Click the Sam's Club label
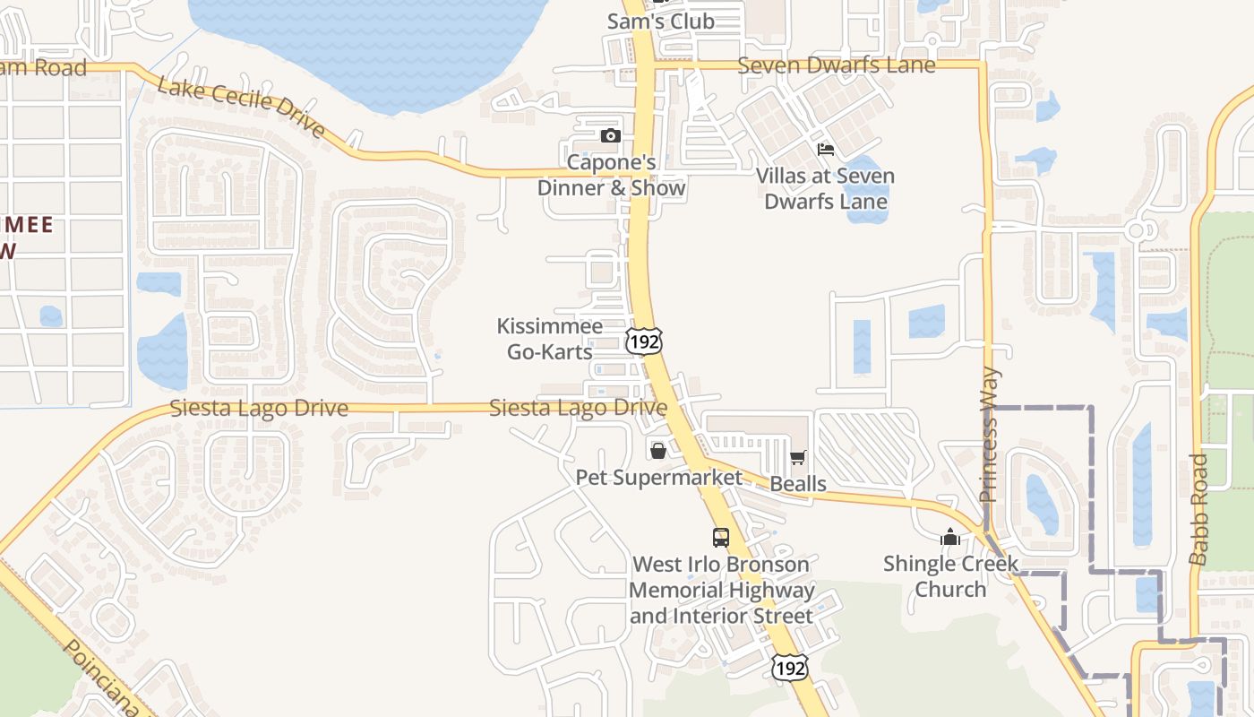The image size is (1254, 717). (660, 22)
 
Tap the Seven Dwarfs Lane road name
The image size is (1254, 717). (836, 65)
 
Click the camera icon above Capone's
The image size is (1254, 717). (611, 136)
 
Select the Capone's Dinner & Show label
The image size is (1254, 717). (611, 176)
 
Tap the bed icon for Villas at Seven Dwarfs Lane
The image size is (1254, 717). (825, 149)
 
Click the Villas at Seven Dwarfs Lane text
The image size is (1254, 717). (825, 188)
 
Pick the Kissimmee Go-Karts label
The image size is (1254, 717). (550, 339)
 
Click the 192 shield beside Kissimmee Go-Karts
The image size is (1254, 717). (644, 341)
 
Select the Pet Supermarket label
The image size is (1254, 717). (658, 478)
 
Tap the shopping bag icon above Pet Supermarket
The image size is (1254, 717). (658, 450)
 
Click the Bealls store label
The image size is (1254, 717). (798, 484)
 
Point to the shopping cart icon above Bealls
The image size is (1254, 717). (798, 458)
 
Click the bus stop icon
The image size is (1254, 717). (721, 538)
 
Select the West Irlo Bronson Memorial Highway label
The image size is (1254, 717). (721, 590)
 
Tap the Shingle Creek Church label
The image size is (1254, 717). (950, 576)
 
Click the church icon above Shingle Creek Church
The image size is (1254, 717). (950, 537)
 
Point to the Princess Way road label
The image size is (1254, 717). (990, 435)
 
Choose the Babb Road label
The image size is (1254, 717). (1200, 509)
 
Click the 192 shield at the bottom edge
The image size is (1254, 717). (789, 667)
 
